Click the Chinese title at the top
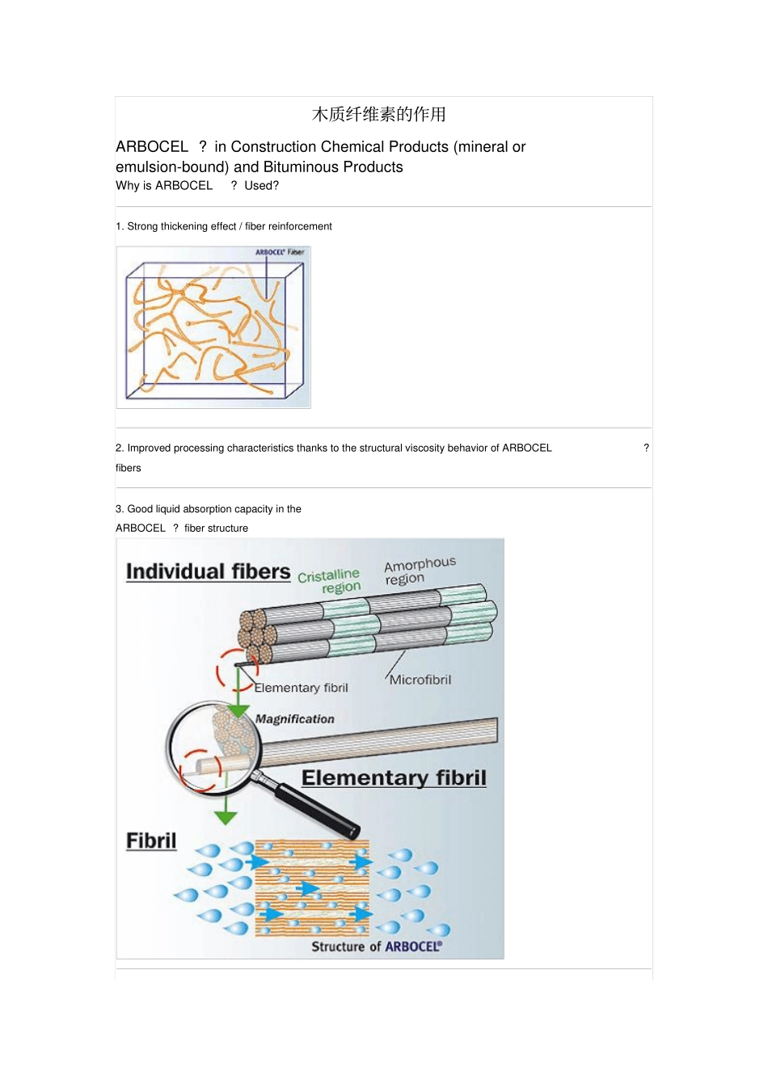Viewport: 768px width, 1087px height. [378, 115]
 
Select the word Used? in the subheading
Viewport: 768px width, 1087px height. [262, 185]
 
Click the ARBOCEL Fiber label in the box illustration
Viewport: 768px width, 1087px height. [280, 252]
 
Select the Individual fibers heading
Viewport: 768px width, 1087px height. [209, 571]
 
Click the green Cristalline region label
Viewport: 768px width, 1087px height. [330, 581]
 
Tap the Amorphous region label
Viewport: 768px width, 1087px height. [420, 571]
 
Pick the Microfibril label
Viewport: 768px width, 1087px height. [420, 680]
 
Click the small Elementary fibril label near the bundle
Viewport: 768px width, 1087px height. [301, 688]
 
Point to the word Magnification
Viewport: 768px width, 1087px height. [295, 718]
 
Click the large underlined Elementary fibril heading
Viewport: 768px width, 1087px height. [394, 778]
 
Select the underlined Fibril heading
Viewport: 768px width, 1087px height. [151, 841]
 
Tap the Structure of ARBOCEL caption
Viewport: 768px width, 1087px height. [377, 946]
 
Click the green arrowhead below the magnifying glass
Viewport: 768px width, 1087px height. [226, 817]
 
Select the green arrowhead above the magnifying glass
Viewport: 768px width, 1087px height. [238, 711]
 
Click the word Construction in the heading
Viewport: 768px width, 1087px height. [273, 146]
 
